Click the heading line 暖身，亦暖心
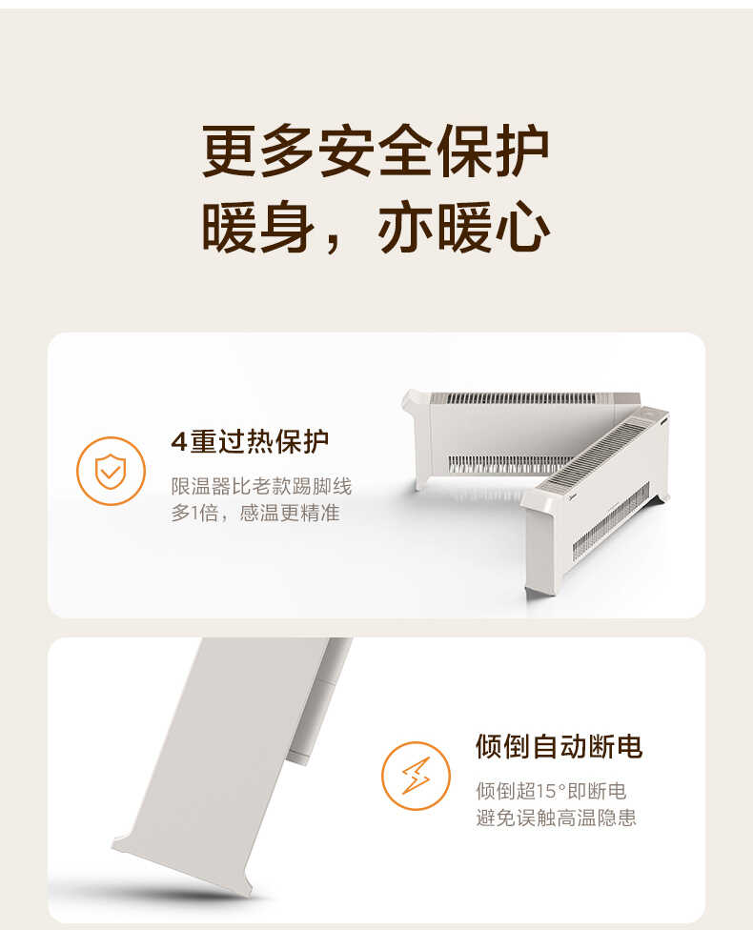click(376, 230)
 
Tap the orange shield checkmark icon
click(111, 471)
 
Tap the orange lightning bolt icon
click(416, 775)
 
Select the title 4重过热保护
click(250, 442)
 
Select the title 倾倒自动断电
click(559, 746)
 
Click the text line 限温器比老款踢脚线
click(261, 487)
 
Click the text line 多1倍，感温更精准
click(254, 514)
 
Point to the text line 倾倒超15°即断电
click(551, 791)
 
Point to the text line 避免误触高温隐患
click(556, 818)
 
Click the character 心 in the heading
click(523, 230)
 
